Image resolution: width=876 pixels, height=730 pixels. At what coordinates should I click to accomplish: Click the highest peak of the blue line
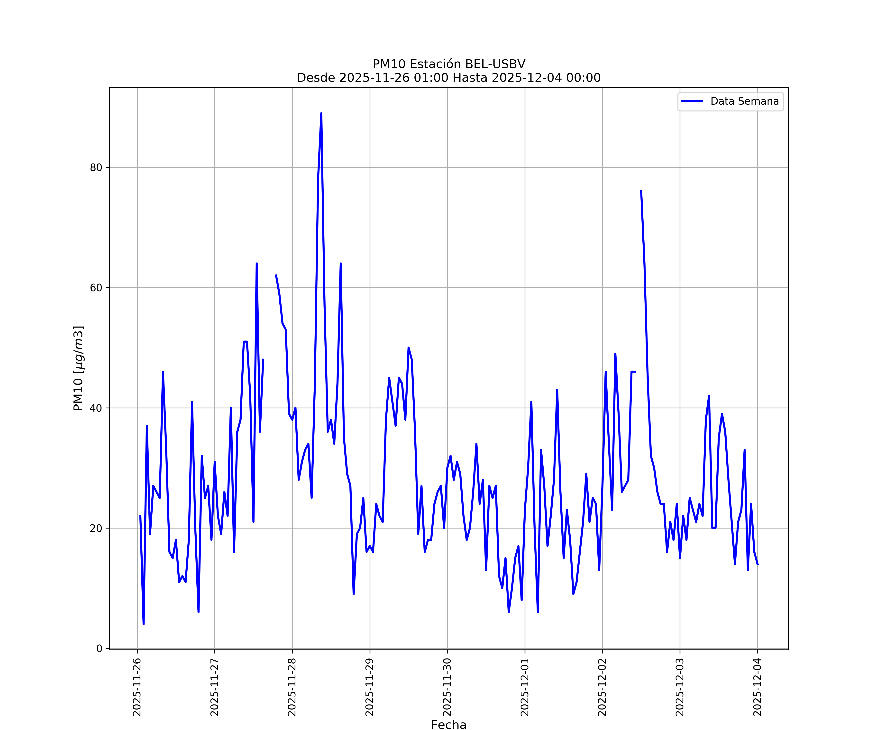321,113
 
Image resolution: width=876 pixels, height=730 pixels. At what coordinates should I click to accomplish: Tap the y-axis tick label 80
96,168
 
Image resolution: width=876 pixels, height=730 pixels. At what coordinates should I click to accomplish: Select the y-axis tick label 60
96,288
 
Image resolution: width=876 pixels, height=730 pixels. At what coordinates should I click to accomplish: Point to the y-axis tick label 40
96,408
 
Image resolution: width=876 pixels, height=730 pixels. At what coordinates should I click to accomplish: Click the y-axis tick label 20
96,528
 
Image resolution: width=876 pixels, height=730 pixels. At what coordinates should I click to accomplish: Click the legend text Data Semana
745,101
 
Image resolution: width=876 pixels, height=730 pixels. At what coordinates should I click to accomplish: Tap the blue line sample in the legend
692,101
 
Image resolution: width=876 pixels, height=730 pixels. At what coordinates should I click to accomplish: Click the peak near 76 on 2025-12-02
641,192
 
